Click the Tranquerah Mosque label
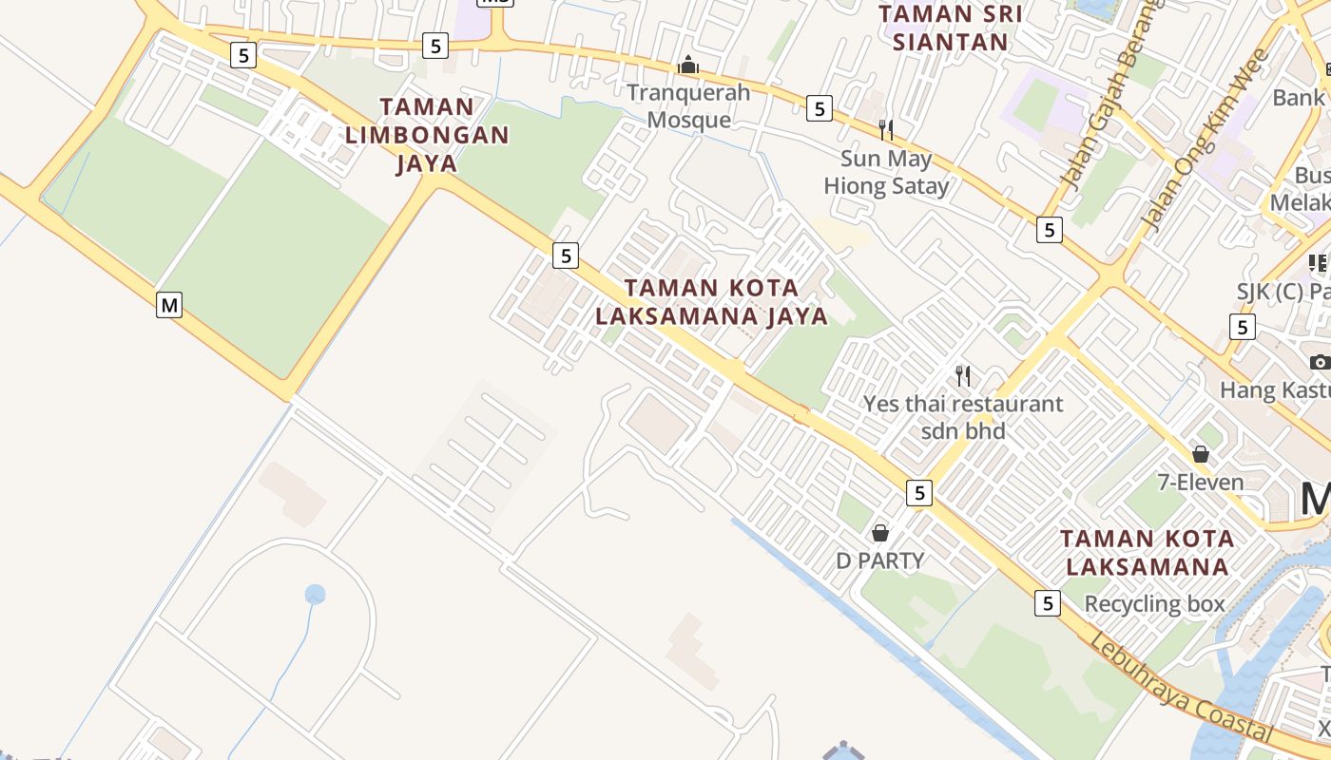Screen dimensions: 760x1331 [x=688, y=106]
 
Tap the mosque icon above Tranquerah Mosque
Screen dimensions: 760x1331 [x=687, y=66]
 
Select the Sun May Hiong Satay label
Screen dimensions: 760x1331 [x=886, y=172]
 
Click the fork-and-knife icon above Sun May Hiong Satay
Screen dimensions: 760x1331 [x=886, y=129]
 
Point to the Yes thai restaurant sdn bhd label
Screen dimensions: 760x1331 [x=962, y=417]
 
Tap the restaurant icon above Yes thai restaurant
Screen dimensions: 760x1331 [x=963, y=376]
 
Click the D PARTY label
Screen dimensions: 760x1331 [x=879, y=560]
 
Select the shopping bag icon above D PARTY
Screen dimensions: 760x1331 [x=880, y=533]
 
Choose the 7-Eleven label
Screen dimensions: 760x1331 [x=1200, y=483]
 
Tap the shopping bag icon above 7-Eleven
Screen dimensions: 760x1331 [x=1201, y=454]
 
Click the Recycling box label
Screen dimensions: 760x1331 [x=1154, y=604]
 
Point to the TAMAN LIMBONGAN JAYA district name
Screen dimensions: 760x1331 [x=427, y=135]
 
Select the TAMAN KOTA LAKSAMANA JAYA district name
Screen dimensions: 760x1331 [x=712, y=301]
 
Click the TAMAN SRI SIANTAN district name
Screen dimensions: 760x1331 [x=950, y=28]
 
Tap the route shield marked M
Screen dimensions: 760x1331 [x=169, y=305]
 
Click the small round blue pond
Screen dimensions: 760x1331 [x=315, y=595]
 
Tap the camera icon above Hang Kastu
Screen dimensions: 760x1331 [x=1319, y=362]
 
